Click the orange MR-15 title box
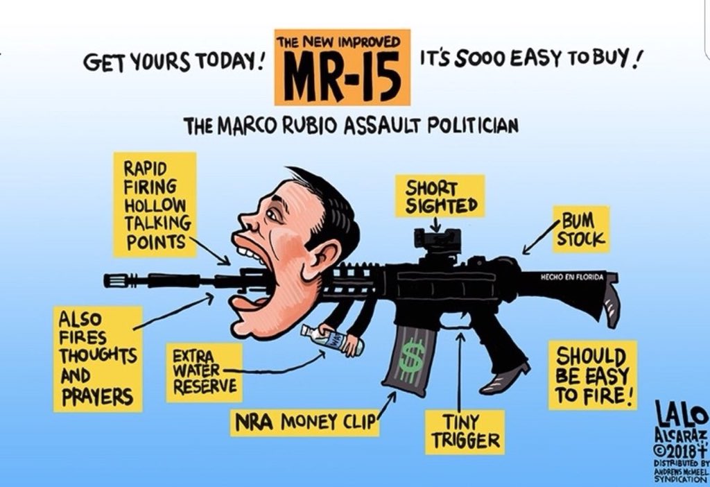[x=342, y=67]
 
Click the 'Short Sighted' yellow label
[x=435, y=196]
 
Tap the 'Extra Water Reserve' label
[x=204, y=373]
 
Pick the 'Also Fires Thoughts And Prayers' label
[x=96, y=359]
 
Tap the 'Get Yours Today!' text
[x=173, y=65]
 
